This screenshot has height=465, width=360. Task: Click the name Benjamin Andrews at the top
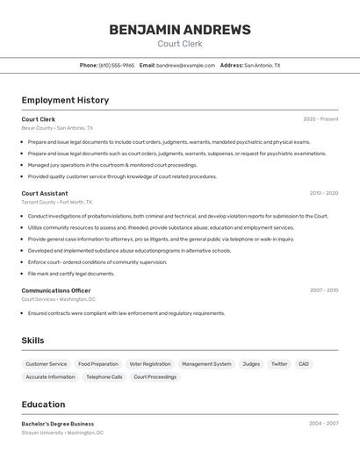click(179, 30)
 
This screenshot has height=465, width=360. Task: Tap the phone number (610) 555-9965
click(117, 65)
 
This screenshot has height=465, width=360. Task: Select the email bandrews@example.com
click(185, 65)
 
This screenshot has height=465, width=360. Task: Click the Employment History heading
click(65, 100)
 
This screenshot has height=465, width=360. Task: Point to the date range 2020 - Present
click(320, 119)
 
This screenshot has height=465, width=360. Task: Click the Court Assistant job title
click(45, 193)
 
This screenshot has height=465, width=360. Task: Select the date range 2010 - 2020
click(323, 193)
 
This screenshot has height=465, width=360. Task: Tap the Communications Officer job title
click(56, 290)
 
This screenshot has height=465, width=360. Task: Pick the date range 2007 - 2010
click(323, 290)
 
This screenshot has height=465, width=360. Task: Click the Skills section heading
click(32, 340)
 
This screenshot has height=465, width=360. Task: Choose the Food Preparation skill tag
click(98, 364)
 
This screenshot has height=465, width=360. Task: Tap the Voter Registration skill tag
click(150, 364)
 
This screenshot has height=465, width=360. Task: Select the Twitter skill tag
click(279, 364)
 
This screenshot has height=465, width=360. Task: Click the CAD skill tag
click(304, 364)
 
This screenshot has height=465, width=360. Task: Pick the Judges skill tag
click(251, 364)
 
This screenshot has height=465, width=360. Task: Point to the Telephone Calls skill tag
click(104, 377)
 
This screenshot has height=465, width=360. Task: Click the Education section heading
click(43, 404)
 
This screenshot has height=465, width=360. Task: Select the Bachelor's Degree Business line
click(58, 424)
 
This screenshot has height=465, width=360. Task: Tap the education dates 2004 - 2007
click(323, 424)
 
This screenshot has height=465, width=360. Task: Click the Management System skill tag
click(206, 364)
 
